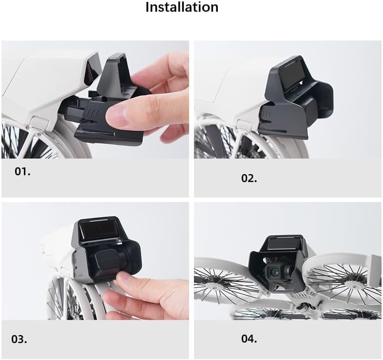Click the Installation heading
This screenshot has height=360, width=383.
tap(182, 7)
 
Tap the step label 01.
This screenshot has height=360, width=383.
tap(22, 171)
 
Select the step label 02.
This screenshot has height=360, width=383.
tap(249, 178)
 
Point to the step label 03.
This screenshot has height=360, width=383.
tap(19, 339)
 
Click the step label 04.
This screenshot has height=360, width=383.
tap(249, 339)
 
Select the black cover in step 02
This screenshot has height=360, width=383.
tap(296, 98)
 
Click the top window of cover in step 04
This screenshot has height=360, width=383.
tap(282, 244)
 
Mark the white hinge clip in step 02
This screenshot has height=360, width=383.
tap(244, 125)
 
